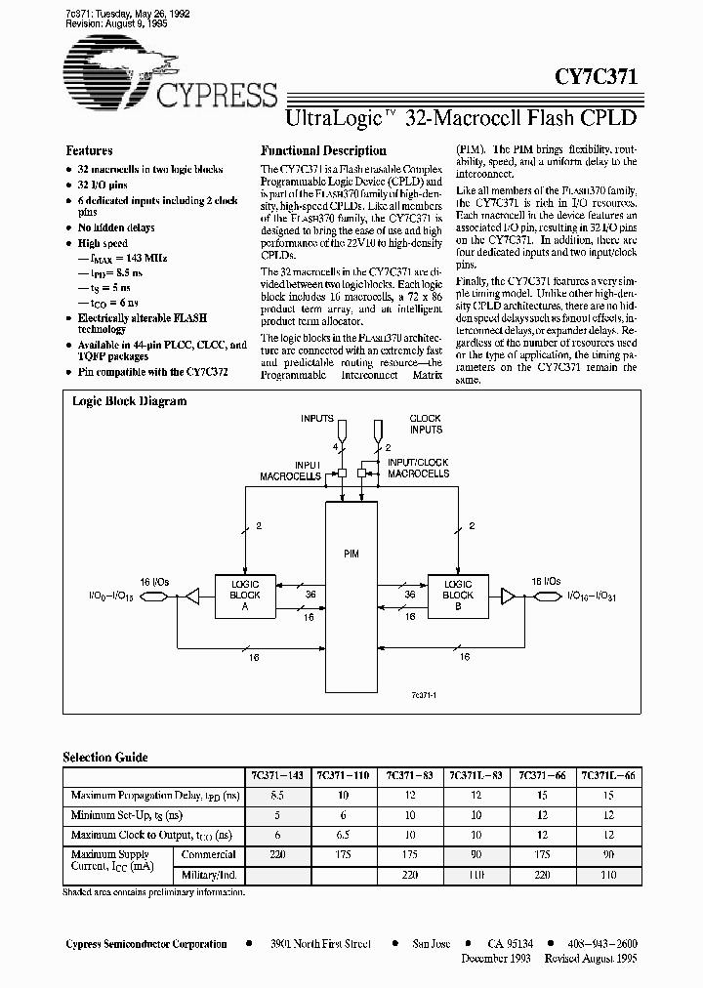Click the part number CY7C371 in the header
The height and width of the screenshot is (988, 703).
[x=598, y=79]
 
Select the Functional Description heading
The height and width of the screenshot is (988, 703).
[x=322, y=151]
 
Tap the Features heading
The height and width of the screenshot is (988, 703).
[x=89, y=151]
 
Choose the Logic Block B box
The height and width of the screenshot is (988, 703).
[x=458, y=595]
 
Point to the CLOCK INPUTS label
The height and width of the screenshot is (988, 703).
[x=426, y=425]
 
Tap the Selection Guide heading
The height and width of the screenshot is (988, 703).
[x=105, y=757]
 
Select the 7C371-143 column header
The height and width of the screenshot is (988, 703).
[x=276, y=774]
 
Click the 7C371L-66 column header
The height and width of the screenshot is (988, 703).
[x=607, y=774]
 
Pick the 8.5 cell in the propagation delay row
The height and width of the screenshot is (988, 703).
[x=276, y=795]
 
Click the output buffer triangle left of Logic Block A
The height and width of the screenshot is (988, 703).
[x=193, y=595]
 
